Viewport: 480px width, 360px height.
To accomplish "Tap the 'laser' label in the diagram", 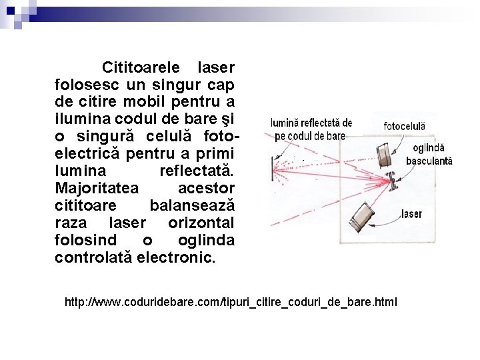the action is tap(411, 214).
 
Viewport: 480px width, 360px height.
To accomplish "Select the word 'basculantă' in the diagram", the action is tap(429, 161).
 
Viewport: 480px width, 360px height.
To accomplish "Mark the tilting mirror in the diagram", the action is tap(393, 180).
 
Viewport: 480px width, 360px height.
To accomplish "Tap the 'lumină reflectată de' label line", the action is tap(311, 123).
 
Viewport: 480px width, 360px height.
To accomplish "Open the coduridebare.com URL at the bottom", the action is tap(231, 302).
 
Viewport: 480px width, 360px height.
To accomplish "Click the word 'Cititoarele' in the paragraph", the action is tap(141, 68).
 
